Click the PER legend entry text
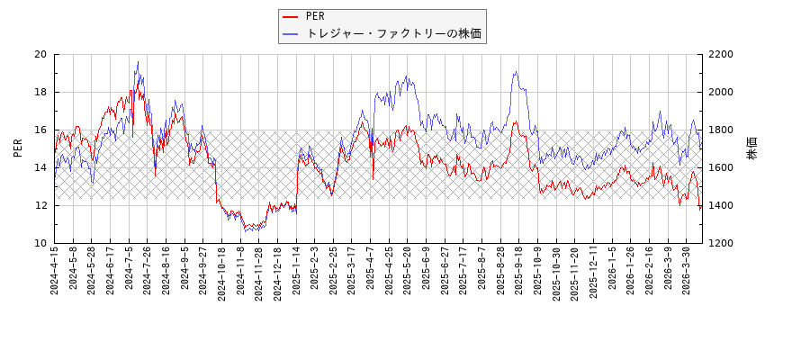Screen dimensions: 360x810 [315, 16]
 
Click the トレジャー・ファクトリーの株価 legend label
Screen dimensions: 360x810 [393, 33]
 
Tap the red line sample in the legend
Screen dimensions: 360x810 [291, 16]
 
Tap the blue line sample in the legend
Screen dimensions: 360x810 [291, 33]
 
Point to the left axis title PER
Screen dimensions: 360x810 [18, 148]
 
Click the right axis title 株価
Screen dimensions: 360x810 [752, 148]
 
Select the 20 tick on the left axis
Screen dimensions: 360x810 [40, 54]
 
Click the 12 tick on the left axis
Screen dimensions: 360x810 [40, 205]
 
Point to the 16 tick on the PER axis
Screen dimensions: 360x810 [40, 130]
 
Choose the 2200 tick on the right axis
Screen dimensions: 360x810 [721, 54]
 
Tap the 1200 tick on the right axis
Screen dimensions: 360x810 [721, 243]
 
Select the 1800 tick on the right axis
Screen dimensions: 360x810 [721, 130]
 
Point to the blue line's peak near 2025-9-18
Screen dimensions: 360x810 [516, 72]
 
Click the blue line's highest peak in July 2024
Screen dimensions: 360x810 [138, 61]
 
